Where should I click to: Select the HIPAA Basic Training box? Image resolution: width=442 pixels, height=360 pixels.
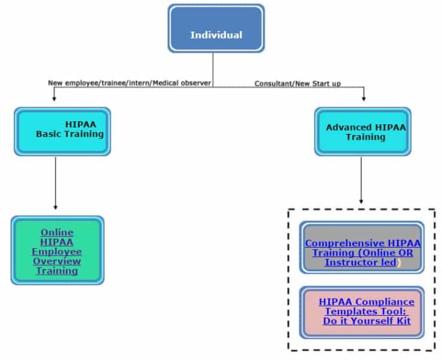(62, 131)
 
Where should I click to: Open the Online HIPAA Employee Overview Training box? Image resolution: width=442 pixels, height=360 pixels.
(57, 250)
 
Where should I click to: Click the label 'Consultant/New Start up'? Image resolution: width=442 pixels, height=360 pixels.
(297, 83)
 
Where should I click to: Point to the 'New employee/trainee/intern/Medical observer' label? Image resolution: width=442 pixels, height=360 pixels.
(129, 83)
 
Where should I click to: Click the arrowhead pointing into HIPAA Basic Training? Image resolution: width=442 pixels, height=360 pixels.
(55, 99)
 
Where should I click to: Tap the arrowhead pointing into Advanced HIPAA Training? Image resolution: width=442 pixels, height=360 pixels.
(363, 99)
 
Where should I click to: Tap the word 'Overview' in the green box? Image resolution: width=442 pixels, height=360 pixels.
(57, 261)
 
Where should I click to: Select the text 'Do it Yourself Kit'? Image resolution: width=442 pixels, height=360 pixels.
(366, 321)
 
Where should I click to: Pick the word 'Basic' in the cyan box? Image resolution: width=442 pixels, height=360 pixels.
(49, 134)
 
